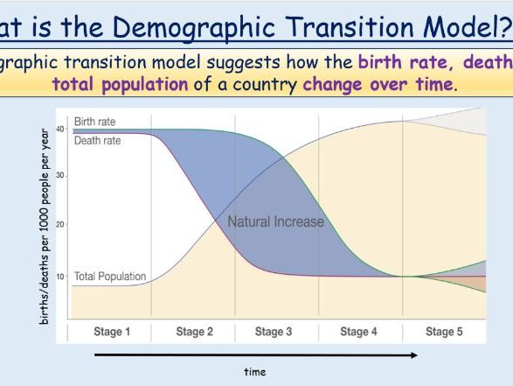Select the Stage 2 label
pyautogui.click(x=194, y=332)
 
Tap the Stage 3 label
pyautogui.click(x=274, y=332)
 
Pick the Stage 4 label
pyautogui.click(x=354, y=332)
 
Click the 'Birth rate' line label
pyautogui.click(x=94, y=122)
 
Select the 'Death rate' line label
pyautogui.click(x=97, y=140)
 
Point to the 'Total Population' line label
pyautogui.click(x=109, y=277)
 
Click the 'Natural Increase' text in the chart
pyautogui.click(x=275, y=221)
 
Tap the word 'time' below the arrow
pyautogui.click(x=254, y=372)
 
